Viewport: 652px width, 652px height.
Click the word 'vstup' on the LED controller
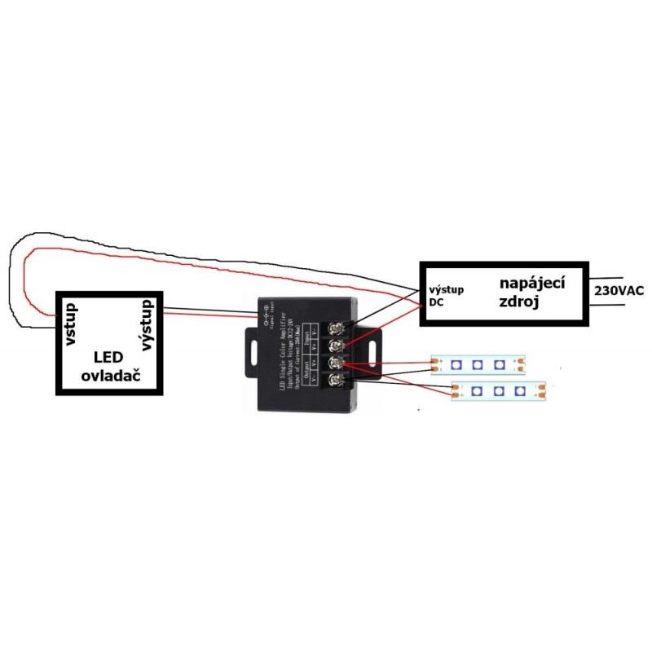tap(70, 324)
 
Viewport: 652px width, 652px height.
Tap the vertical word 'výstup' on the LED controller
tap(148, 324)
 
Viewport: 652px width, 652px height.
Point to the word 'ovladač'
tap(108, 376)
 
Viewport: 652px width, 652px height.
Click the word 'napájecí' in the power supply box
tap(532, 283)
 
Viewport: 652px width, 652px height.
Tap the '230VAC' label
tap(619, 291)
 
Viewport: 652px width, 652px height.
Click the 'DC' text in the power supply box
tap(436, 303)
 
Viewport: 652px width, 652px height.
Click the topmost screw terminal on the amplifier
tap(334, 328)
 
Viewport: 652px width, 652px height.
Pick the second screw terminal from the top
tap(334, 346)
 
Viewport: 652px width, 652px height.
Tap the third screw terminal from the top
tap(334, 363)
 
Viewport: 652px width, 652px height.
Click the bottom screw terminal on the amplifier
tap(334, 380)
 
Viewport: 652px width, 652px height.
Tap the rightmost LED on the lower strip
tap(518, 392)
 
